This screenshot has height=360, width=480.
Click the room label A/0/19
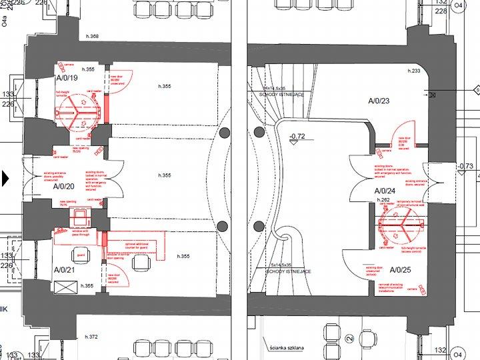pos(67,78)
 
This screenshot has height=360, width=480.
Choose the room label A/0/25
pos(401,270)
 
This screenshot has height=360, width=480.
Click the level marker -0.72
pos(297,137)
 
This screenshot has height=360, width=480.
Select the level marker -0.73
pos(465,166)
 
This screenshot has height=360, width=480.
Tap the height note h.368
pos(92,36)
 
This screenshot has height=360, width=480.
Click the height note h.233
pos(414,70)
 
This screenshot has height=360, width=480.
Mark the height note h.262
pos(383,199)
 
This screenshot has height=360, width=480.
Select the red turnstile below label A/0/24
pos(400,225)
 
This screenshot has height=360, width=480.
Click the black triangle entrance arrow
pos(6,178)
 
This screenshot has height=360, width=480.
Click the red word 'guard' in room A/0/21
pos(81,255)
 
